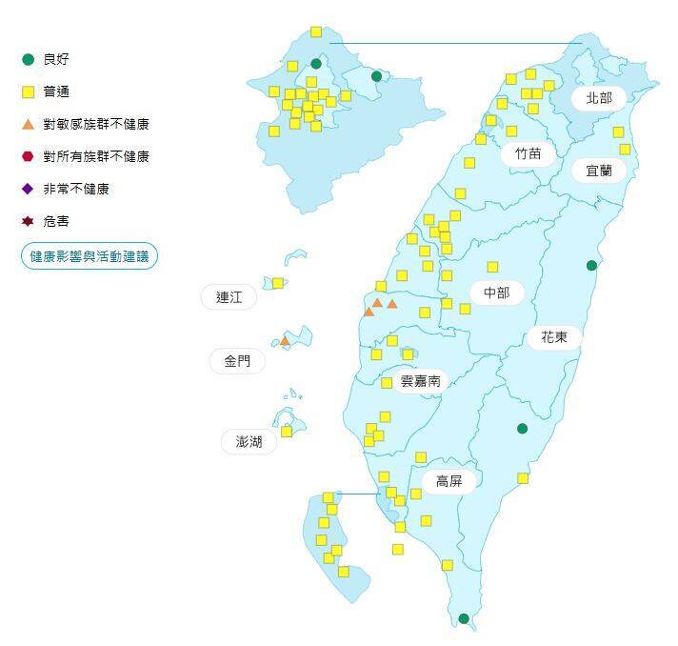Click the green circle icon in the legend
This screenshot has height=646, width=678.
pos(29,59)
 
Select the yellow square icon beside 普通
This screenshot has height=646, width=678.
pos(29,91)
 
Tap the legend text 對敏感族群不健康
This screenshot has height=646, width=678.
pos(95,124)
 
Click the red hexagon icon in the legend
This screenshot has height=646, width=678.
pos(29,156)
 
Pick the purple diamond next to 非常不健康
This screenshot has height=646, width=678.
pos(29,189)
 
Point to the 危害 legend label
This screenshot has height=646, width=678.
pos(56,221)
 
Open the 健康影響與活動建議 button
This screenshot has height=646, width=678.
pos(90,256)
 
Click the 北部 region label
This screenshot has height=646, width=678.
pos(599,98)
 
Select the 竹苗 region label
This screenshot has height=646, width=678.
pos(528,152)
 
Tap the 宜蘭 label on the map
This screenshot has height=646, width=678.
pos(599,171)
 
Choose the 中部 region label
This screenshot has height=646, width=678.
pos(496,293)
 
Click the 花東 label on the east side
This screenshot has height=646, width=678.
pos(554,336)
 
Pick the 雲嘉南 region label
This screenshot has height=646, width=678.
pos(420,380)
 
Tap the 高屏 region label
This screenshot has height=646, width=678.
pos(449,480)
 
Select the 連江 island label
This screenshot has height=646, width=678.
pos(229,297)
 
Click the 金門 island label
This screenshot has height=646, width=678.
pos(237,361)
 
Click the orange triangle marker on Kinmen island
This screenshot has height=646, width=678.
pos(284,340)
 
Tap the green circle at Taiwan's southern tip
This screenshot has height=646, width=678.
pos(464,618)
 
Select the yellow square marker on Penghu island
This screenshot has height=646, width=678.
pos(286,432)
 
